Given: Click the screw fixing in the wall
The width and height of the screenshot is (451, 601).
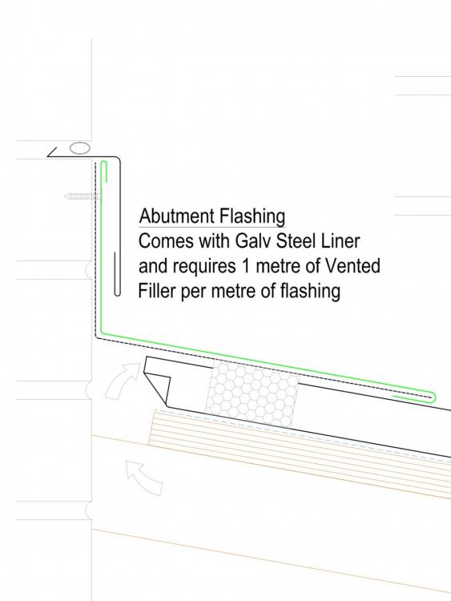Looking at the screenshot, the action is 83,196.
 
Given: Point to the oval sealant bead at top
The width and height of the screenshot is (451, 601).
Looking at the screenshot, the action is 79,148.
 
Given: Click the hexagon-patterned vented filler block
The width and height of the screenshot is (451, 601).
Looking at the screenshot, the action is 253,393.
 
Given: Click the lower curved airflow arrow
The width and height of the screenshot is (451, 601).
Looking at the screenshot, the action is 144,478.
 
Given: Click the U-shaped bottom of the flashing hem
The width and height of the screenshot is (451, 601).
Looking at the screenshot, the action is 118,293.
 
